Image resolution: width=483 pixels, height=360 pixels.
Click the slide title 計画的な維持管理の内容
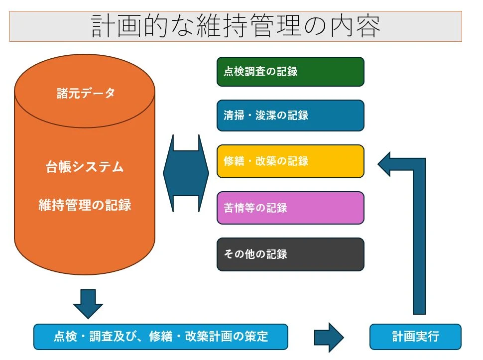[x=236, y=26]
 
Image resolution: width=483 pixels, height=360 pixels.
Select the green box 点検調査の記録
[x=290, y=72]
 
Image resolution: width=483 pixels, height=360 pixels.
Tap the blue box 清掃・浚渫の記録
[x=290, y=116]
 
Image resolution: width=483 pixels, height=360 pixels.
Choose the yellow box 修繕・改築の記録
[x=290, y=161]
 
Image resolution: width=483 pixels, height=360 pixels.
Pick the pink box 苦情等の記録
[x=290, y=208]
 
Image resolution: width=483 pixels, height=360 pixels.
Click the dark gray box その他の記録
[x=290, y=254]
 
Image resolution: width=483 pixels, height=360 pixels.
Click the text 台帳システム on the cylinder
[x=85, y=167]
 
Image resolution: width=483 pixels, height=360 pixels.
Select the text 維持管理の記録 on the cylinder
[x=85, y=205]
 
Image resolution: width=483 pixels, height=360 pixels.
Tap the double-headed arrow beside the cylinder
[x=186, y=173]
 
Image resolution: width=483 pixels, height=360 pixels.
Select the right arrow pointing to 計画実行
[x=329, y=337]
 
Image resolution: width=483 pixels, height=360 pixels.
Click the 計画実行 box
[x=415, y=337]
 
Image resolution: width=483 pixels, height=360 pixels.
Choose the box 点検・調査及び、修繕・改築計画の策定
[x=160, y=337]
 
